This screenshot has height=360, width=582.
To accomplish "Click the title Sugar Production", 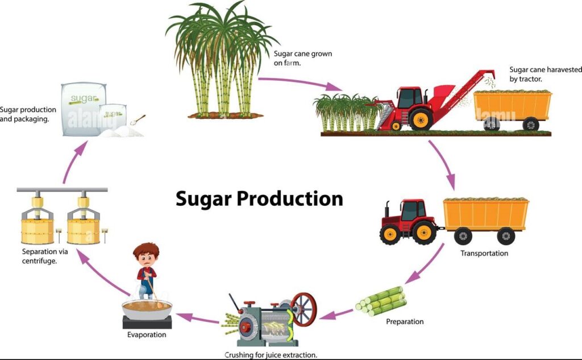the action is click(259, 199).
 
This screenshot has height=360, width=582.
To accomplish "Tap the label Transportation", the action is click(484, 254).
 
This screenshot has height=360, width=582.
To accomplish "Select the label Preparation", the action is click(405, 321).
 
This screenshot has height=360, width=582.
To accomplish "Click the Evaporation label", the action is click(147, 335).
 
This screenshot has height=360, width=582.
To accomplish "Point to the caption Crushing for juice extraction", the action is click(271, 355).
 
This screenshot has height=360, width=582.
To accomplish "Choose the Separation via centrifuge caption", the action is click(45, 256).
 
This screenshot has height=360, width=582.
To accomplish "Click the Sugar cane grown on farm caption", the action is click(303, 59).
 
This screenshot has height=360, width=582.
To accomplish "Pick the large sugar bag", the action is click(84, 109).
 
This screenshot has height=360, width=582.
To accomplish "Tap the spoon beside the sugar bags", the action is click(138, 120).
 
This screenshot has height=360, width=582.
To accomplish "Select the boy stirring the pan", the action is click(147, 271).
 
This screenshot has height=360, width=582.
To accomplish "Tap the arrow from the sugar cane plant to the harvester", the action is click(300, 83).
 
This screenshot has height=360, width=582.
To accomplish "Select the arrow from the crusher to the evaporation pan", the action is click(197, 318).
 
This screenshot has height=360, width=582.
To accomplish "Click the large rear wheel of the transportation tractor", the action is click(424, 232).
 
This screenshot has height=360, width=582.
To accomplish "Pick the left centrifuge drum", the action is click(37, 231).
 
